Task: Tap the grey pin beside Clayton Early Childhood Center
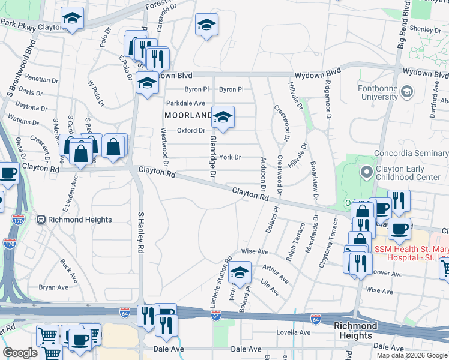tap(366, 172)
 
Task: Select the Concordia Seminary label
tap(411, 153)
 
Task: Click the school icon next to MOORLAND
tap(223, 117)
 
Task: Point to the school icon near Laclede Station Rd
tap(240, 272)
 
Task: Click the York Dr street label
tap(230, 157)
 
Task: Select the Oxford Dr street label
tap(191, 130)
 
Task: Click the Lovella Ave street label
tap(293, 332)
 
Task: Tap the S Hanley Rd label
tap(142, 232)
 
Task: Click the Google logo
tap(20, 352)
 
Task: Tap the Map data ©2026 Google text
tap(412, 355)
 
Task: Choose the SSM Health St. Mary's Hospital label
tap(411, 253)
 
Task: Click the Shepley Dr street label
tap(426, 28)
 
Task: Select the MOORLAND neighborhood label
tap(188, 115)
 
